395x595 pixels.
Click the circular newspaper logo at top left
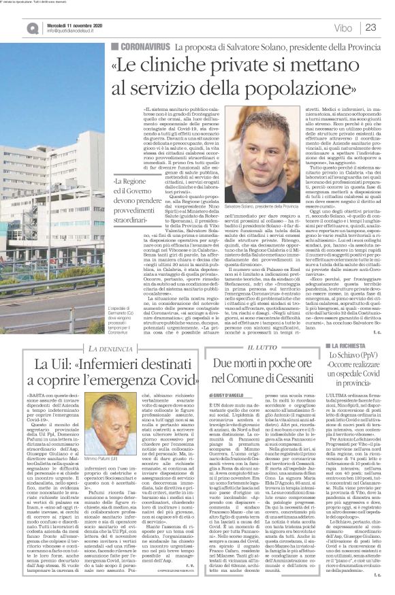tap(14, 27)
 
